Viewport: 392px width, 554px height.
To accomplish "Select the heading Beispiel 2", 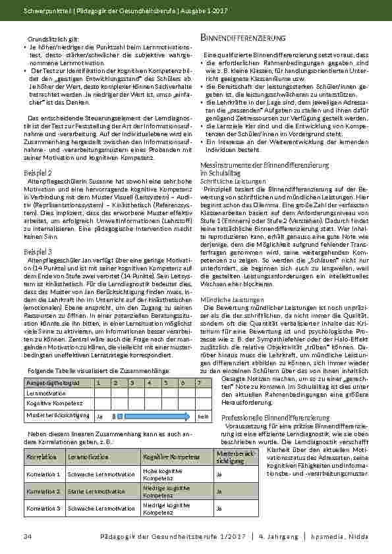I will pyautogui.click(x=38, y=173).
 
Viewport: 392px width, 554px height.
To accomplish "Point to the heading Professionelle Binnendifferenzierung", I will pyautogui.click(x=275, y=418).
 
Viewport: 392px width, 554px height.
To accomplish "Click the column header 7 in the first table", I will pyautogui.click(x=199, y=382).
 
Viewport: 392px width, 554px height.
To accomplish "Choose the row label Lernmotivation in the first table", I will pyautogui.click(x=42, y=393).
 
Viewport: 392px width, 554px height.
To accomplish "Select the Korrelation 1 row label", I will pyautogui.click(x=43, y=473).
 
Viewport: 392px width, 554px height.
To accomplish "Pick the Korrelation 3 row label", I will pyautogui.click(x=43, y=509).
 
